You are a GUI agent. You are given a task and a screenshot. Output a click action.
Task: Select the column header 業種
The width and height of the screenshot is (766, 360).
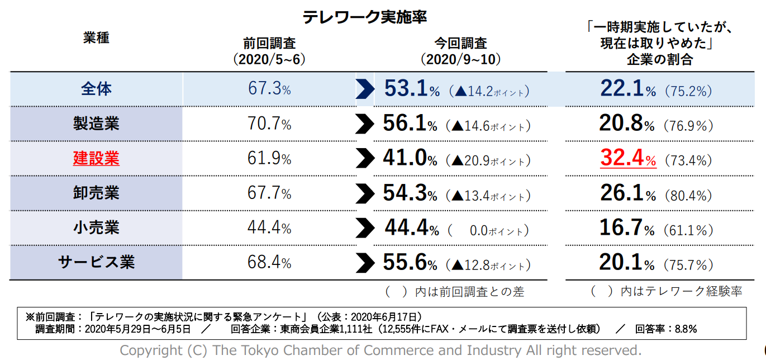(96, 38)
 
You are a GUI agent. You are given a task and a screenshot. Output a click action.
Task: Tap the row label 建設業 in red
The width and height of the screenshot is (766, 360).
(96, 158)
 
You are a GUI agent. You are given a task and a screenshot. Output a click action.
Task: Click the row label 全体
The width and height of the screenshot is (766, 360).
(96, 89)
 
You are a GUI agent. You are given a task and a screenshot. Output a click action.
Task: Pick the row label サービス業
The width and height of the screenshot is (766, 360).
(96, 262)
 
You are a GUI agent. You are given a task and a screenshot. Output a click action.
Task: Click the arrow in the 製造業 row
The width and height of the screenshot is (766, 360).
(365, 124)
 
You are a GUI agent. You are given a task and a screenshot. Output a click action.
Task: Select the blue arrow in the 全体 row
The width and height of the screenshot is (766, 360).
(365, 89)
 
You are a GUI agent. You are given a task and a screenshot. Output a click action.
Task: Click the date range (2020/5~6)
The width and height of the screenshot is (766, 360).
(269, 59)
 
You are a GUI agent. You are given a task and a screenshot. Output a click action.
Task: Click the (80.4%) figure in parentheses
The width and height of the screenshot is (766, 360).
(688, 196)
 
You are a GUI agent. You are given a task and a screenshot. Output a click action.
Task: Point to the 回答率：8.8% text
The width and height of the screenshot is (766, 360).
(666, 329)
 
